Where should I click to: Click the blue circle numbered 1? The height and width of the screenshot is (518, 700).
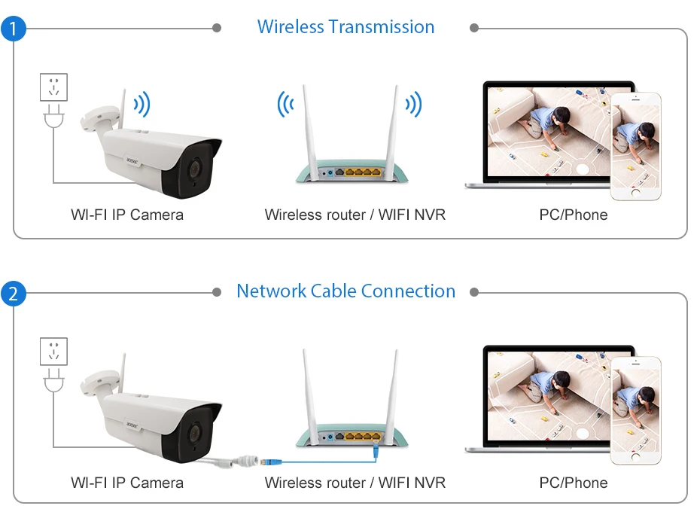(x=13, y=29)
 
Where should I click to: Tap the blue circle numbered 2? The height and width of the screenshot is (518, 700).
(x=13, y=294)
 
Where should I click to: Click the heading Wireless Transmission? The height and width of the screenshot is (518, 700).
(x=345, y=27)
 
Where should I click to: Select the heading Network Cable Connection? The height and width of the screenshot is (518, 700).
(x=345, y=291)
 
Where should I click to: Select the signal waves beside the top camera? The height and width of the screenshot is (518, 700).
(x=142, y=104)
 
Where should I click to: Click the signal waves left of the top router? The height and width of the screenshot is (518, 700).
(x=285, y=104)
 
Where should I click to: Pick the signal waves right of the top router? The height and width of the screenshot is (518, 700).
(x=412, y=104)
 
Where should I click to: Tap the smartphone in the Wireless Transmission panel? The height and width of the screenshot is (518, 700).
(x=635, y=146)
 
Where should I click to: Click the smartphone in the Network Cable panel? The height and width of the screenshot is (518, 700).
(x=635, y=410)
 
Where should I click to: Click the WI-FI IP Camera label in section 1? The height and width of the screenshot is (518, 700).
(x=127, y=215)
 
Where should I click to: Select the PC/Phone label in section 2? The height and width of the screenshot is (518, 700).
(x=573, y=483)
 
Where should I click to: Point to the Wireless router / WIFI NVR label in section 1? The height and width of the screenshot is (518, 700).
(x=355, y=215)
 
